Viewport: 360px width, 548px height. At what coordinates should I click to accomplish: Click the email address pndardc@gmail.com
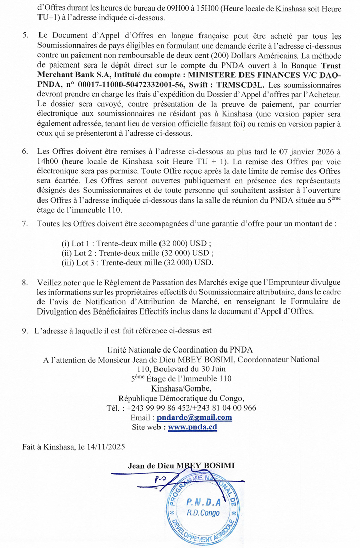(x=194, y=418)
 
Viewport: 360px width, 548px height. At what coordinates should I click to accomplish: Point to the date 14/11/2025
(x=106, y=447)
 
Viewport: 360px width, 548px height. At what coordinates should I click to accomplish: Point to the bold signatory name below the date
(x=182, y=465)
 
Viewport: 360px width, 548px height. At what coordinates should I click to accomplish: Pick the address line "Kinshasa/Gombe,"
(x=180, y=389)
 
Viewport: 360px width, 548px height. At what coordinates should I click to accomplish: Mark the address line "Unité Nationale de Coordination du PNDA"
(x=180, y=350)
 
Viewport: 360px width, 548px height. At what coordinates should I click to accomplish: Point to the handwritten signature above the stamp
(x=167, y=478)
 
